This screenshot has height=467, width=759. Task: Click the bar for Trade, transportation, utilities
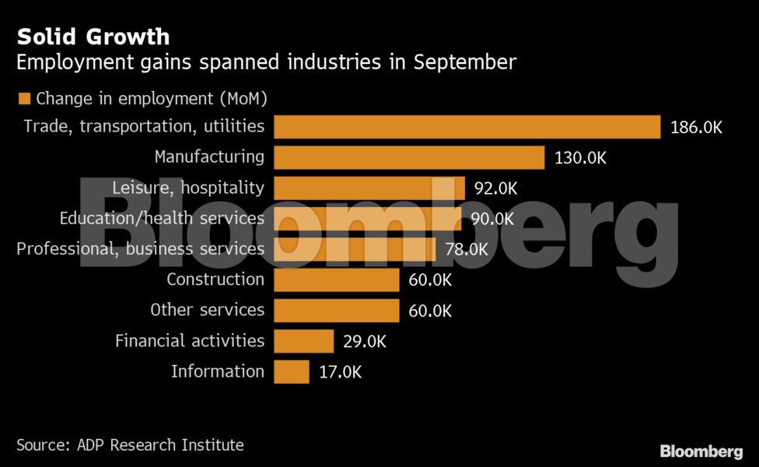[467, 127]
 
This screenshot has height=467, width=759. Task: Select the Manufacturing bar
[409, 157]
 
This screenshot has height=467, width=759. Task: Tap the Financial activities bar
[303, 341]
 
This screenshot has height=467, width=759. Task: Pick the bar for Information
[292, 371]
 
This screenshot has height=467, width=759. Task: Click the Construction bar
[336, 279]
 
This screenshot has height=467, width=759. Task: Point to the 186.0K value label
[696, 128]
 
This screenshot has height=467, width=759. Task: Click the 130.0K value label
[580, 158]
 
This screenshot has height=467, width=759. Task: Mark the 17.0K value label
[341, 372]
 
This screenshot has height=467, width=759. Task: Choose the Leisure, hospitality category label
[188, 188]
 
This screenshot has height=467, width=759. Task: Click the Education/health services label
[162, 219]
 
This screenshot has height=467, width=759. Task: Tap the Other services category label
[207, 310]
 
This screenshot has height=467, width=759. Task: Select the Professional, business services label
[140, 249]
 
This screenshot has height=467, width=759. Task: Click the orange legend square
[24, 99]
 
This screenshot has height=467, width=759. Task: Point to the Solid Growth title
[93, 37]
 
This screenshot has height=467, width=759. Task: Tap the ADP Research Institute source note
[130, 445]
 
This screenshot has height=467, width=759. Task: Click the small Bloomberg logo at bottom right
[701, 451]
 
